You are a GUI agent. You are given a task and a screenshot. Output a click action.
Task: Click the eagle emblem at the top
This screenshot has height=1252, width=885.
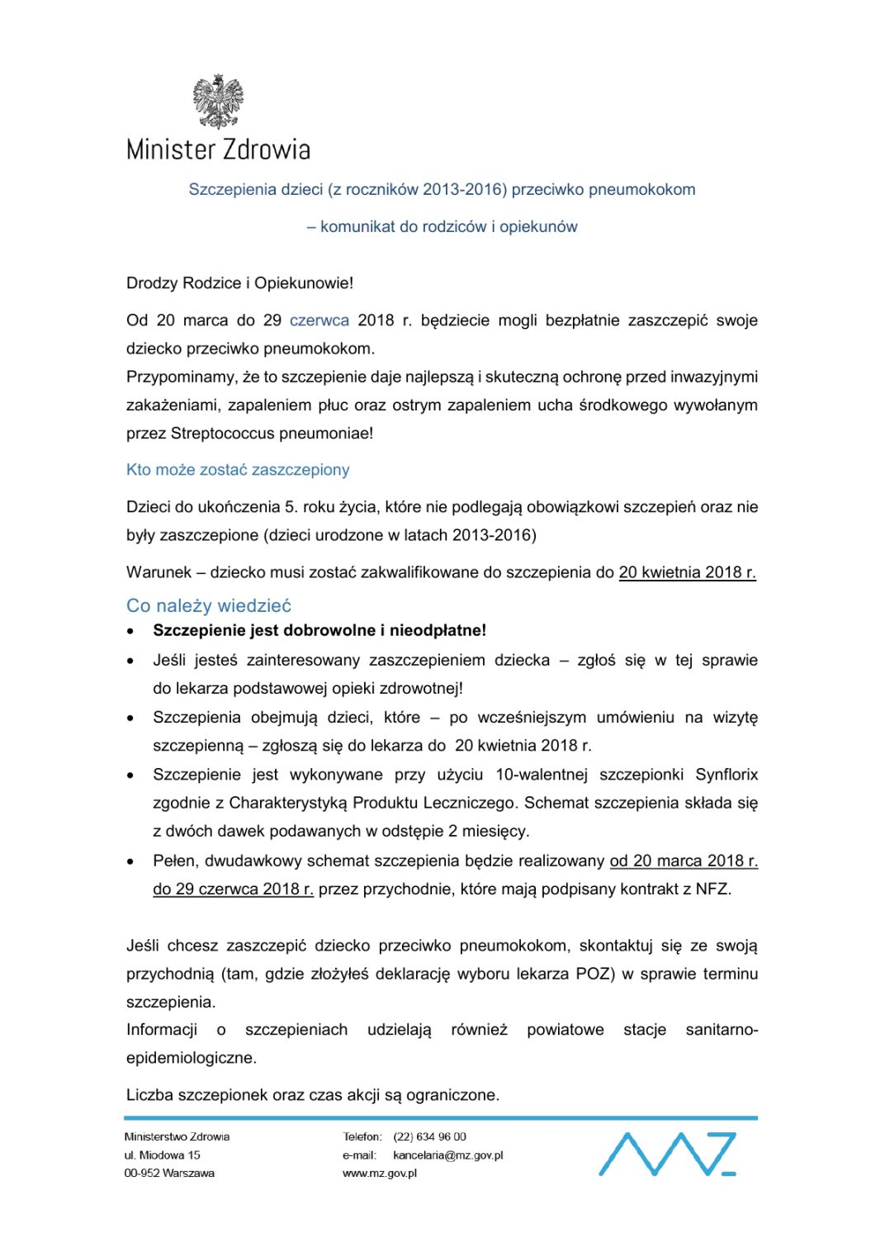(x=218, y=102)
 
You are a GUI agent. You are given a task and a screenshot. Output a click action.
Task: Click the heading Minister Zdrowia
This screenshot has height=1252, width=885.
(x=218, y=149)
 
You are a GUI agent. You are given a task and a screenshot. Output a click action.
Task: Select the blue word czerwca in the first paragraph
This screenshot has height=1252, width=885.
(x=319, y=320)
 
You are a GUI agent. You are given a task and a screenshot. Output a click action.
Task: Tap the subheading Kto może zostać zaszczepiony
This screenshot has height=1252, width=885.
(x=238, y=470)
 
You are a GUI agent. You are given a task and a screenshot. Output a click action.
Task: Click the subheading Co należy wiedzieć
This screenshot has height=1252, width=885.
(x=209, y=605)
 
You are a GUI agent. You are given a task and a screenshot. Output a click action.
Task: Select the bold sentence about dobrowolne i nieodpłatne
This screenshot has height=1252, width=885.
(x=319, y=631)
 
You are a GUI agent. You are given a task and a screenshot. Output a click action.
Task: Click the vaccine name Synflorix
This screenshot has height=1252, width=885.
(x=726, y=775)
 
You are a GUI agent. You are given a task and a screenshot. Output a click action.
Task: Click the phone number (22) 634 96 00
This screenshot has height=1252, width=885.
(x=429, y=1137)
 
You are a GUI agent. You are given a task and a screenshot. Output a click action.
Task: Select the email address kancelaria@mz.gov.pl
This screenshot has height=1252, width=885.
(x=447, y=1155)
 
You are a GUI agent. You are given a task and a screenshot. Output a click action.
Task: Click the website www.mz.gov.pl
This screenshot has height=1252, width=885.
(x=380, y=1174)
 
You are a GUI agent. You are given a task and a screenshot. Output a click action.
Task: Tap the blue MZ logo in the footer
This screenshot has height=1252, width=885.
(x=667, y=1154)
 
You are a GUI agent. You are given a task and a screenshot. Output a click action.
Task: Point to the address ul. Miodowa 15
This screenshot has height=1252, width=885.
(x=163, y=1155)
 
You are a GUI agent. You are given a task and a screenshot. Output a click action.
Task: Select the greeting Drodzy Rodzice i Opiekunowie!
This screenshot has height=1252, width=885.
(x=239, y=283)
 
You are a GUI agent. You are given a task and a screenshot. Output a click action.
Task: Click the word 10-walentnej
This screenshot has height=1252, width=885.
(x=542, y=775)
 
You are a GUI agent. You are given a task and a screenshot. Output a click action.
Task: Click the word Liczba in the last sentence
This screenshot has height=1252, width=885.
(x=149, y=1095)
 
